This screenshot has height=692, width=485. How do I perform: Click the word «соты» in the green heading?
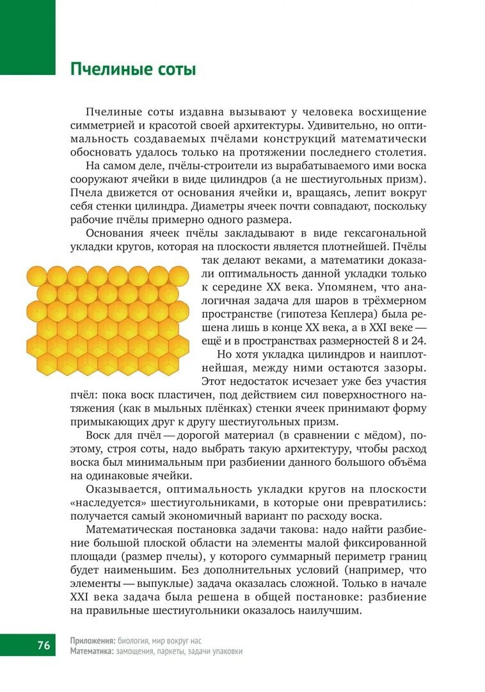175,69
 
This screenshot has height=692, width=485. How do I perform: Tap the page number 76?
44,645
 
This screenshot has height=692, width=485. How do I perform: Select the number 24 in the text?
418,340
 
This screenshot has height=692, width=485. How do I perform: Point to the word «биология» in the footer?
138,640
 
